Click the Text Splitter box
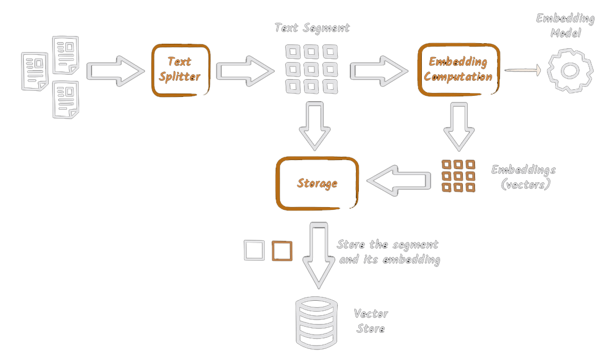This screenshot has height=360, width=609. pos(180,70)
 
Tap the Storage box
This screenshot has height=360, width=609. pos(317,183)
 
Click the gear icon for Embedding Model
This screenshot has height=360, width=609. pos(570,70)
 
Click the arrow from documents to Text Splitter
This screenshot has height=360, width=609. pos(114,70)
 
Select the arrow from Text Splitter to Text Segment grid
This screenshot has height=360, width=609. pos(244,70)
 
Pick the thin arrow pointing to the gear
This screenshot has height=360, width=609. pos(523,70)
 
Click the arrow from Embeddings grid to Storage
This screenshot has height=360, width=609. pos(400,181)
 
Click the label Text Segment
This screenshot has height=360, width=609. pos(312,28)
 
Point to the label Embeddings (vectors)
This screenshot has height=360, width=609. pos(523,177)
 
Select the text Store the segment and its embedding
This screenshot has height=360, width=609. pos(388,252)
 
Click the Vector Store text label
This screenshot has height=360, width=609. pos(371,321)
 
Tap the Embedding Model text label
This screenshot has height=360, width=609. pos(565,25)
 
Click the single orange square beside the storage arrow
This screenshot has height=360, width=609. pos(282,251)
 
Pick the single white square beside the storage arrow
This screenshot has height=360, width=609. pos(254,251)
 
